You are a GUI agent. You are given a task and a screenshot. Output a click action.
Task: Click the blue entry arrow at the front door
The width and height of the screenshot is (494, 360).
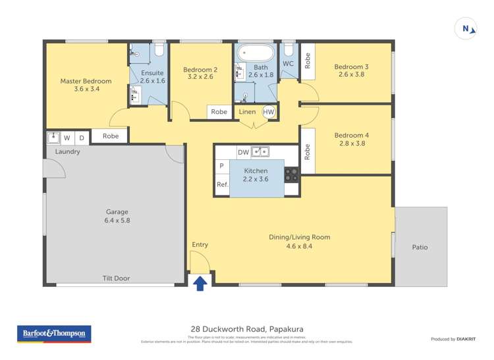pyautogui.click(x=200, y=282)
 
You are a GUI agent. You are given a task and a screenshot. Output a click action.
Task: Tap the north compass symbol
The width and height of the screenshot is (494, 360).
pyautogui.click(x=466, y=28)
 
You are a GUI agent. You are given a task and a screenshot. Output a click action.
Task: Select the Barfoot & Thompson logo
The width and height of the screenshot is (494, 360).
pyautogui.click(x=54, y=334)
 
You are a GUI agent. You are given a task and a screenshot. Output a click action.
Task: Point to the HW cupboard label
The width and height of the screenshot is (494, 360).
pyautogui.click(x=269, y=112)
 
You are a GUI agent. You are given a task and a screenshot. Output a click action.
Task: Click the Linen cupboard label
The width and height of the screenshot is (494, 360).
pyautogui.click(x=247, y=112)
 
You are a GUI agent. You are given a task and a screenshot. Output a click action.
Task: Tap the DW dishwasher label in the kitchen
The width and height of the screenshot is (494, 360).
pyautogui.click(x=243, y=152)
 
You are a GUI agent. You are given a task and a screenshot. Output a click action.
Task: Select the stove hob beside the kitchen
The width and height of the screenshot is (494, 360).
pyautogui.click(x=291, y=175)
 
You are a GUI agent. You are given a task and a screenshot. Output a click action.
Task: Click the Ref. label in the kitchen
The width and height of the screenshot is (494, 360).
pyautogui.click(x=223, y=185)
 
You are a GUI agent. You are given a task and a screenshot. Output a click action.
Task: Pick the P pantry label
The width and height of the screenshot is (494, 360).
pyautogui.click(x=221, y=166)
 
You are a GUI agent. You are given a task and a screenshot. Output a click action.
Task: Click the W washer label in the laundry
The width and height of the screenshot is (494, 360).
pyautogui.click(x=67, y=138)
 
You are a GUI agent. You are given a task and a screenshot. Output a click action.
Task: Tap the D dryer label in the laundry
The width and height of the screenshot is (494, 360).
pyautogui.click(x=82, y=138)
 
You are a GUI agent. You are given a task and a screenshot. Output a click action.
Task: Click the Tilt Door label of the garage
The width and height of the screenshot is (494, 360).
pyautogui.click(x=117, y=278)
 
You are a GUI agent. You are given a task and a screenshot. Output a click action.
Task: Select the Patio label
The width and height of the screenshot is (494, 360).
pyautogui.click(x=420, y=247)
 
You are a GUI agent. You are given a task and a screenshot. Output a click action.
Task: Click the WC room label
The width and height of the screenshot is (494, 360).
pyautogui.click(x=288, y=64)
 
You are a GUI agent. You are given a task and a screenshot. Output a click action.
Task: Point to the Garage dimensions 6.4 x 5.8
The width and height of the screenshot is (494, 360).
pyautogui.click(x=118, y=220)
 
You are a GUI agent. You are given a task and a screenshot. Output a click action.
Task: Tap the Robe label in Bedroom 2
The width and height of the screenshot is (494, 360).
pyautogui.click(x=219, y=112)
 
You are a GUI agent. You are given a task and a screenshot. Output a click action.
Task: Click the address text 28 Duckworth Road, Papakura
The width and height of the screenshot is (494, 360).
pyautogui.click(x=247, y=329)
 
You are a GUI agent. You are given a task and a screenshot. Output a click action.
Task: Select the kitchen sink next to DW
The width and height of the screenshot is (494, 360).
pyautogui.click(x=261, y=152)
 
